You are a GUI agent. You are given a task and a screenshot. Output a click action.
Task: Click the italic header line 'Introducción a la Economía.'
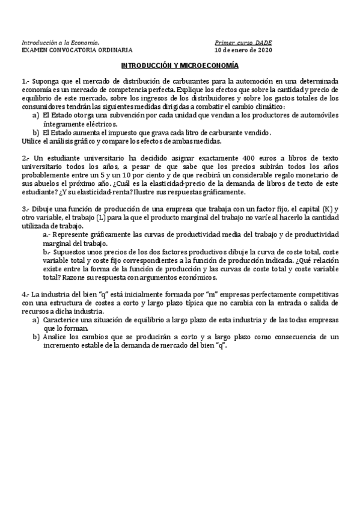[x=60, y=43]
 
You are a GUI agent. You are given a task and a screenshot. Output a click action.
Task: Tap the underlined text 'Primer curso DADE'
[x=243, y=43]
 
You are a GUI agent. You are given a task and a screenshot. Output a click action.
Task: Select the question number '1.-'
[x=25, y=80]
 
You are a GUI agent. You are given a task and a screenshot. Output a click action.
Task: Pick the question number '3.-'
[x=25, y=207]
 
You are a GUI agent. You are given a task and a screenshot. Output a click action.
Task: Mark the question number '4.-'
[x=25, y=293]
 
